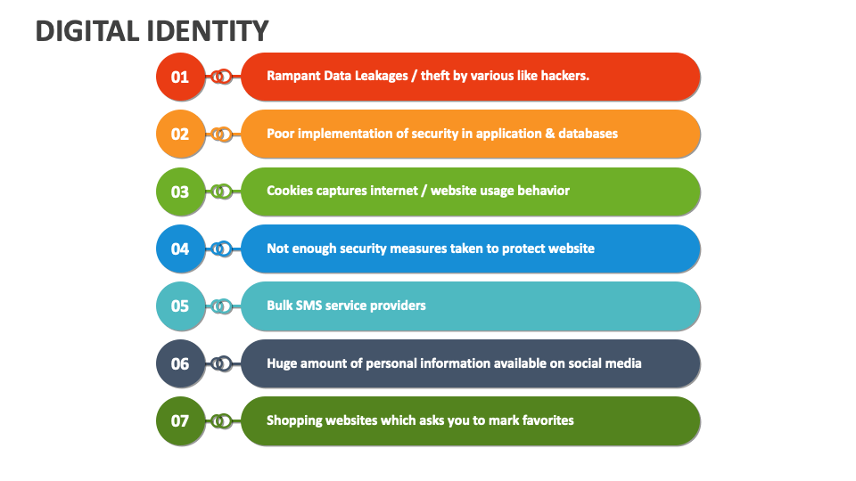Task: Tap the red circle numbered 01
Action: coord(180,77)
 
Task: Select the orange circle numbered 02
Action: coord(180,134)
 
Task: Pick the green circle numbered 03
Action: coord(180,192)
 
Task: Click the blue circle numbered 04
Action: coord(180,249)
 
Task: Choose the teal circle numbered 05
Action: coord(180,306)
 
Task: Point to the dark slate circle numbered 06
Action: coord(180,363)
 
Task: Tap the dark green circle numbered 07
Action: coord(180,420)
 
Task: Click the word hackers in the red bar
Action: coord(564,76)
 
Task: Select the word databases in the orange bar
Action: coord(586,134)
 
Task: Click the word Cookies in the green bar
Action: coord(291,191)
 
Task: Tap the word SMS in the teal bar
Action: coord(314,305)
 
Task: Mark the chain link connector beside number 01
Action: coord(221,77)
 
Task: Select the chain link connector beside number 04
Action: coord(221,249)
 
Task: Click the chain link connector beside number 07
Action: coord(221,420)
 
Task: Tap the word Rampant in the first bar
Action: coord(293,76)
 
